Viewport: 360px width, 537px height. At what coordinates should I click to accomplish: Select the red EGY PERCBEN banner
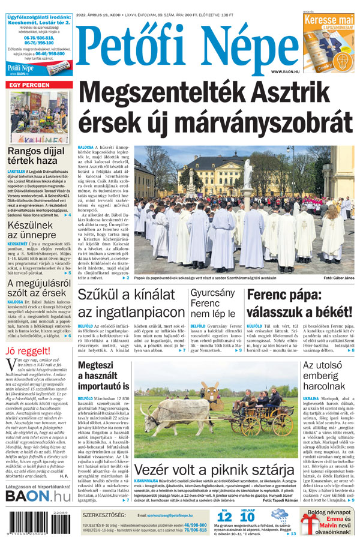(29, 86)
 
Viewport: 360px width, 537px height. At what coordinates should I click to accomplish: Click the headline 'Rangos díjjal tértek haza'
(36, 157)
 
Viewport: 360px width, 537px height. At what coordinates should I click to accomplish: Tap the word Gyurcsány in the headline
(213, 293)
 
